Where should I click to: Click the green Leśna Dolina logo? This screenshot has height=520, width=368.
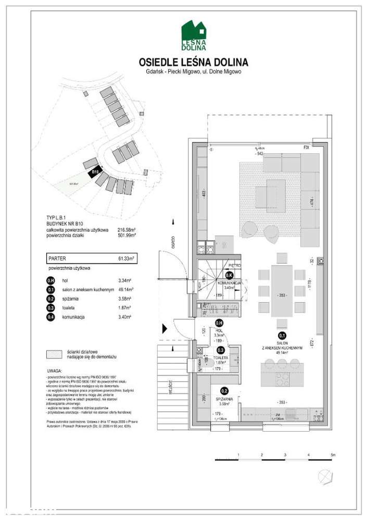[194, 35]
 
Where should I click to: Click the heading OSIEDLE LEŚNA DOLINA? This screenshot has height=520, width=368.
[194, 62]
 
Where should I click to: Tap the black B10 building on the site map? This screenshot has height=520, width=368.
[95, 172]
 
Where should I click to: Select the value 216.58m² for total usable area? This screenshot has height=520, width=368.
[126, 229]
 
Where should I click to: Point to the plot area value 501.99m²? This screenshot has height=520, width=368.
[126, 235]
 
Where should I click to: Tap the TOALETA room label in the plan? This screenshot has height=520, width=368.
[223, 358]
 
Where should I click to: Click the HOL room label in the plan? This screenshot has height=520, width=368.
[219, 330]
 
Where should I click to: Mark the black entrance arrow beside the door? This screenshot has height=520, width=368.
[165, 328]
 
